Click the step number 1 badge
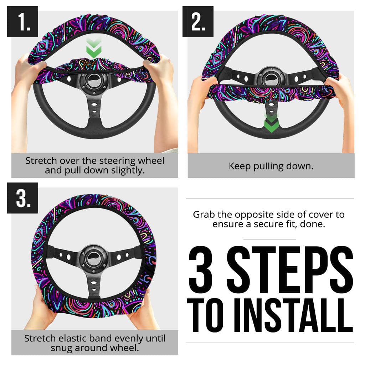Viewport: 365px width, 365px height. coord(22,22)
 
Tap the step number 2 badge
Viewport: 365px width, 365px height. coord(198,22)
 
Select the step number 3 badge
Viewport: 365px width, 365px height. coord(22,198)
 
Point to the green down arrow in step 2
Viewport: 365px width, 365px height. coord(271,123)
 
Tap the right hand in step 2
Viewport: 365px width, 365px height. coord(339,89)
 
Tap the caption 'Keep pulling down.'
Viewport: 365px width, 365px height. coord(271,166)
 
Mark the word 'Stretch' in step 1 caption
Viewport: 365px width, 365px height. coord(40,161)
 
